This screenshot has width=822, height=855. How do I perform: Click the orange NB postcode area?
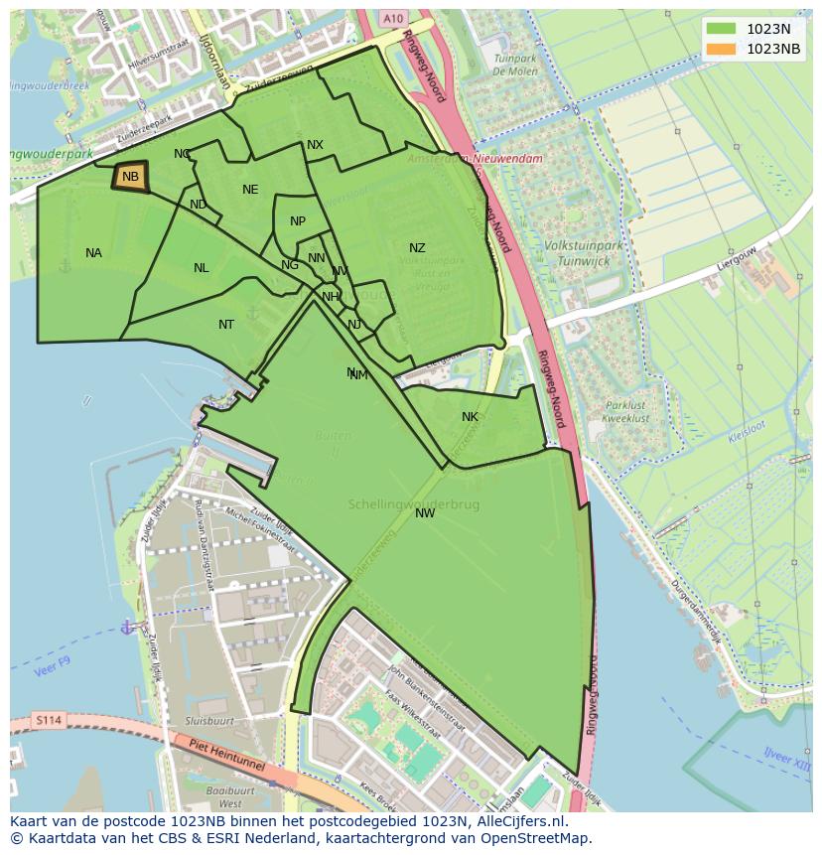131,177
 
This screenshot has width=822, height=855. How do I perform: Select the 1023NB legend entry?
754,50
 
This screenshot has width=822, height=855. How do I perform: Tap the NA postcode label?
93,253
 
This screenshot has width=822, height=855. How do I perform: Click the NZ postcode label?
417,248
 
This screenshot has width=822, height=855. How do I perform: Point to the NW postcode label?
425,513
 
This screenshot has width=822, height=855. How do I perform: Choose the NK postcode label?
470,417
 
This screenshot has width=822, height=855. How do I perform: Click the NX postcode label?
315,145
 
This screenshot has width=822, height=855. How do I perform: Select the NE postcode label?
250,190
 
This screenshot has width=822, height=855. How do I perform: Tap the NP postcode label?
298,221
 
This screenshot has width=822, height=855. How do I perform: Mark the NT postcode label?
226,325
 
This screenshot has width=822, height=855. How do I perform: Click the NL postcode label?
202,268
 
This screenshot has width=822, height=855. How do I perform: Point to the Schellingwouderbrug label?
413,504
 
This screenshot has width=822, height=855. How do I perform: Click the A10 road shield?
393,19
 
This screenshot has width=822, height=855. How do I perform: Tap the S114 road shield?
47,720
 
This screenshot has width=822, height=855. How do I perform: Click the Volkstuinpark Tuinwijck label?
577,252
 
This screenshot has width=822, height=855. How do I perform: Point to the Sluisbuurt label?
209,721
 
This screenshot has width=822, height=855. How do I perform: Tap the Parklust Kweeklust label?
627,412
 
